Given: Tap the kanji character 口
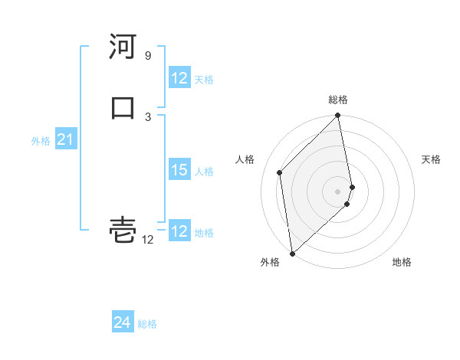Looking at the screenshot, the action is tap(123, 107).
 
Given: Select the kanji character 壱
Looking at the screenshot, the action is tap(123, 230).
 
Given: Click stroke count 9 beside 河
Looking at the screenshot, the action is tap(147, 56).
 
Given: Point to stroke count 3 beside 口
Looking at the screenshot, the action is tap(148, 116).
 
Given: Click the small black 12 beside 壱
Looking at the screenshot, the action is tap(148, 240).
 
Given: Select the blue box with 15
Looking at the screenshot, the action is tap(179, 171).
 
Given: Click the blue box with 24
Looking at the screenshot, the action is tap(122, 323).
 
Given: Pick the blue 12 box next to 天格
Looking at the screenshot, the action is tap(179, 78).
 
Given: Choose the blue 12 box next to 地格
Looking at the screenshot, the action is tap(179, 231).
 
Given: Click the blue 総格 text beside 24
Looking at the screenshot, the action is tap(147, 324).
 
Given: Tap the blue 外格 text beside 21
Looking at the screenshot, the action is tap(41, 141).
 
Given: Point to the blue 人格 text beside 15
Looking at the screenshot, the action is tap(205, 172).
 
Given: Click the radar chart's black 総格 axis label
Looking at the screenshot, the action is tap(338, 100).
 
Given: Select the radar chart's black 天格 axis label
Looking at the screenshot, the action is tap(431, 159).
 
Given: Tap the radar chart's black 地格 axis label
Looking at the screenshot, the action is tap(402, 262).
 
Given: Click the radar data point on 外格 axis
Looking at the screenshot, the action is tap(291, 253).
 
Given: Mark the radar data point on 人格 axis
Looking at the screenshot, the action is tap(280, 172).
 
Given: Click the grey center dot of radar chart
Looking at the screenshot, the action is tap(338, 191).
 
